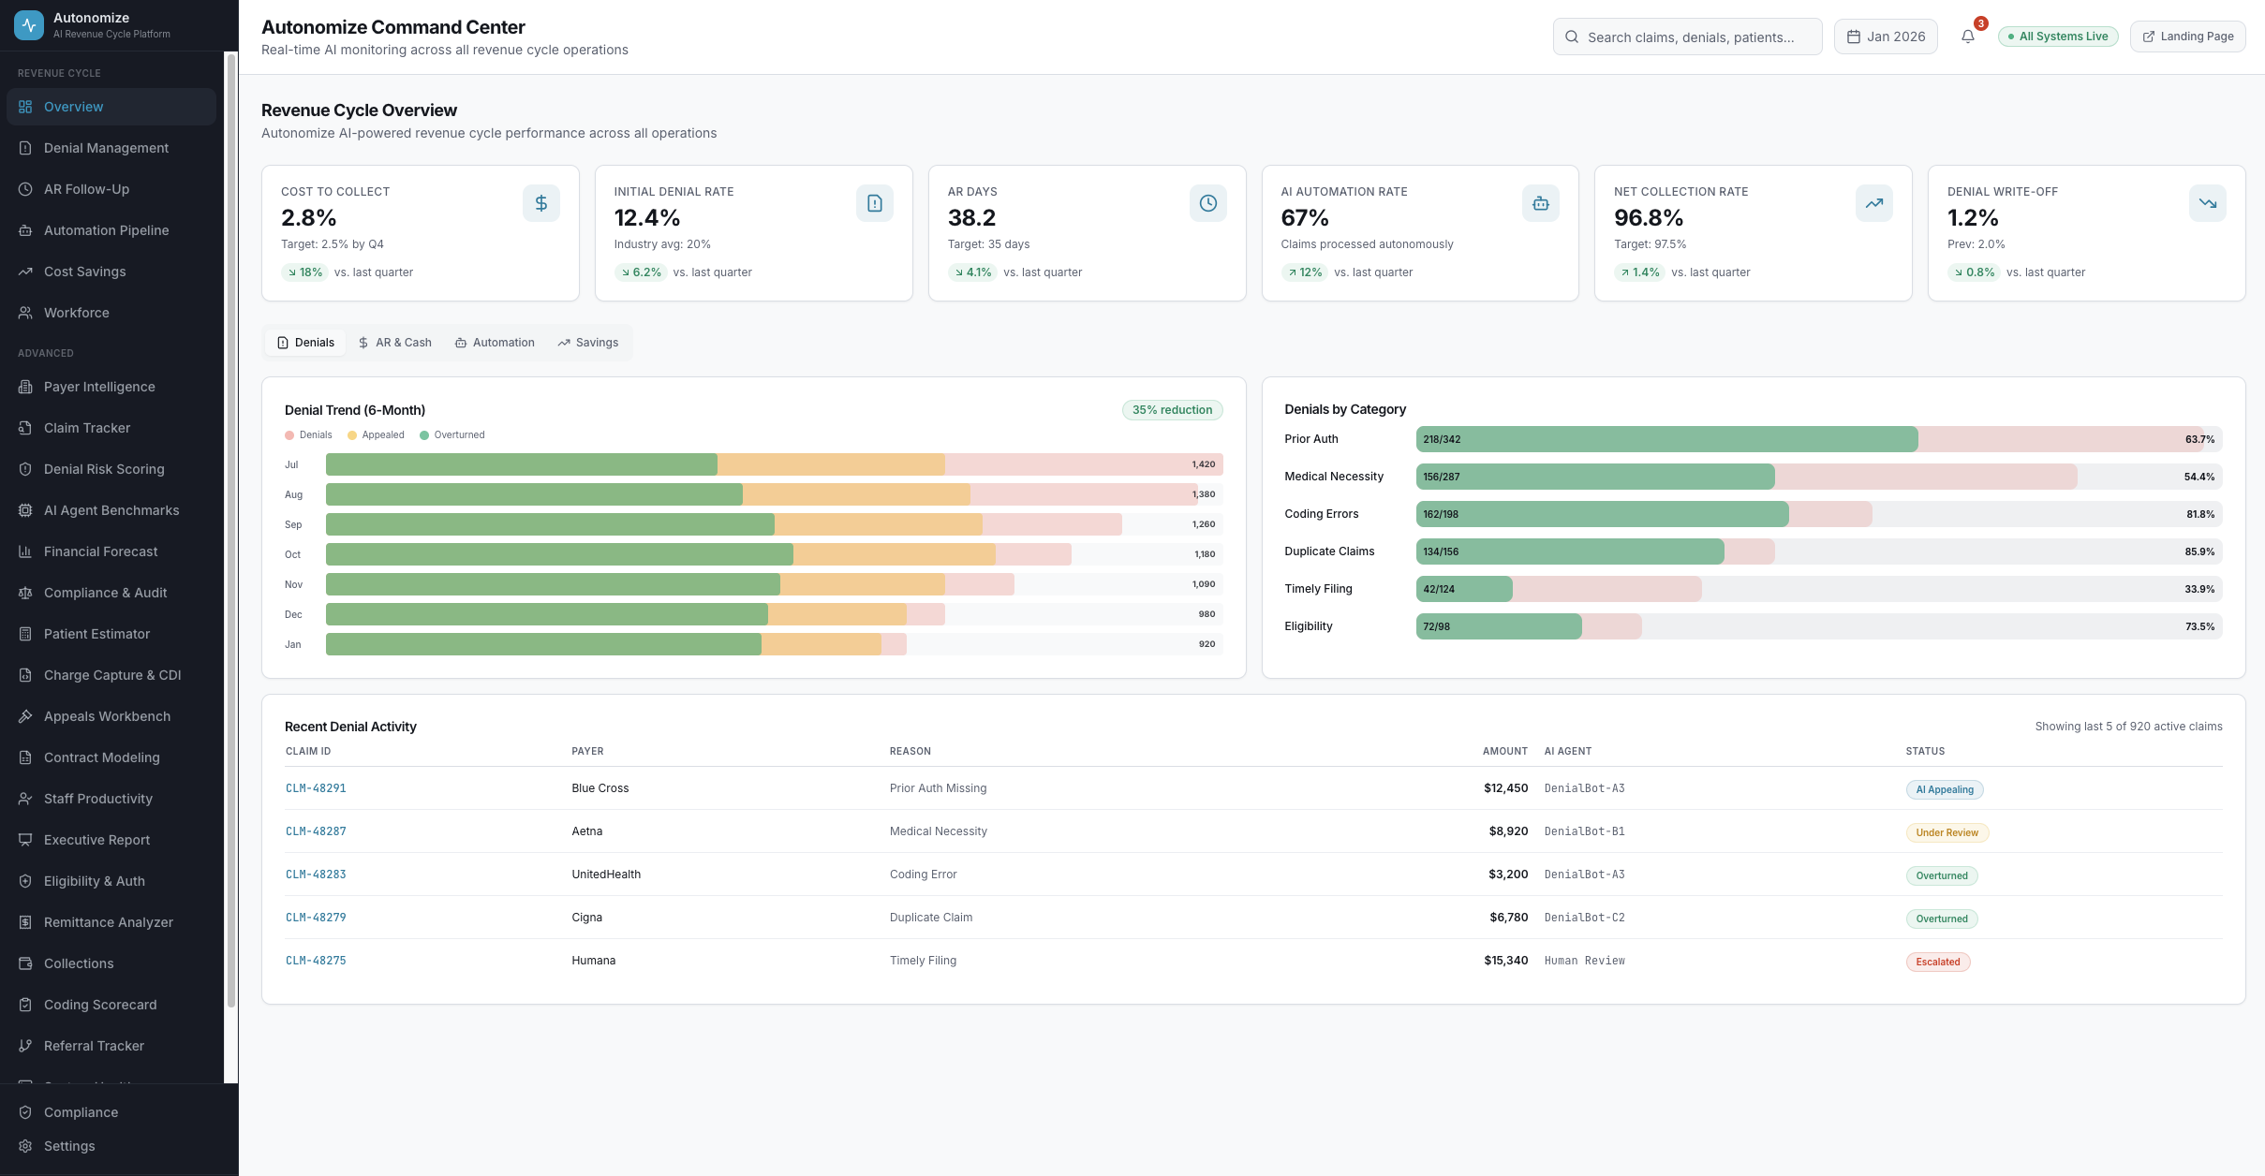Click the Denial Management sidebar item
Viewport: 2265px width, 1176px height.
point(106,148)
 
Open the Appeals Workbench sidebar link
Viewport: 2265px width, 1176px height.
point(107,716)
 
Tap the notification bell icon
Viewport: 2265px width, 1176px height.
point(1967,37)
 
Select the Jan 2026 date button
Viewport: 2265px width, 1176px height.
point(1885,37)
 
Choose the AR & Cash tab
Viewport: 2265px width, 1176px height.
point(394,343)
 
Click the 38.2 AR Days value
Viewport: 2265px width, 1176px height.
point(971,218)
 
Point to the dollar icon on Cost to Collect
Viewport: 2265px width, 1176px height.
point(540,203)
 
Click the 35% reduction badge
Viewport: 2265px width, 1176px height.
point(1171,410)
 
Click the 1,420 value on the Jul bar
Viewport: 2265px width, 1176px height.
point(1203,464)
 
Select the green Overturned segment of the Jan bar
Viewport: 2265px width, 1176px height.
point(543,644)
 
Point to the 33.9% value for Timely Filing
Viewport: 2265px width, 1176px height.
point(2198,589)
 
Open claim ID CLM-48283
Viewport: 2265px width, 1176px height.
point(316,875)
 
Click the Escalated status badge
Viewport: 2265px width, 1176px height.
point(1937,962)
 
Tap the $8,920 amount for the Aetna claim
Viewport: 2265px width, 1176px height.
point(1507,831)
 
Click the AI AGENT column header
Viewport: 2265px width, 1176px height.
point(1567,751)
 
